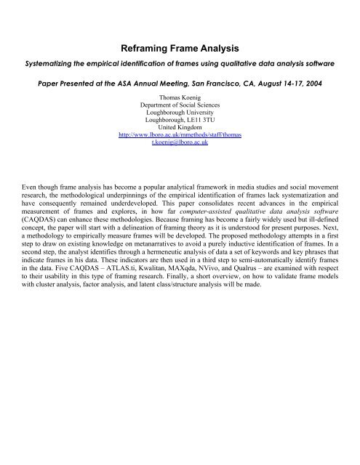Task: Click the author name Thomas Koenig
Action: [x=180, y=97]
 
